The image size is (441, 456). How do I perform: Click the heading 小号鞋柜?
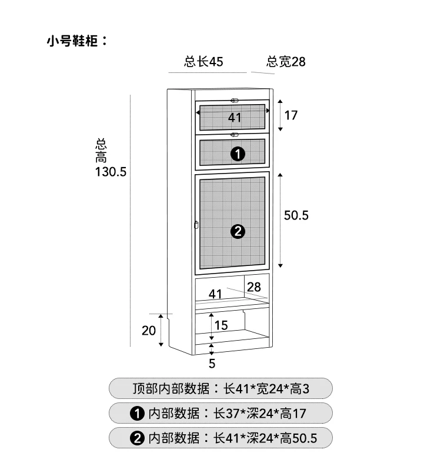click(77, 41)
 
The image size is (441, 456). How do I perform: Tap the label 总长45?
click(203, 62)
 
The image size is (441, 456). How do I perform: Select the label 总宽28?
click(286, 62)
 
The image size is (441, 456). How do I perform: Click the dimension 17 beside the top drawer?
click(291, 115)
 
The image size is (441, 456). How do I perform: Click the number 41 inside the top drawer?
click(235, 118)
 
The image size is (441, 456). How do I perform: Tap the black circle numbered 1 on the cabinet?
click(238, 154)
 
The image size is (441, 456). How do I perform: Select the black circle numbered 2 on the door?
click(238, 232)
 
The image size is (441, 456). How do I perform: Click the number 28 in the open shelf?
click(254, 287)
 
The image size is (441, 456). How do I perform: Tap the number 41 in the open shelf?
click(215, 294)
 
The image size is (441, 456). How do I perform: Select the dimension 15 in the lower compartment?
click(221, 325)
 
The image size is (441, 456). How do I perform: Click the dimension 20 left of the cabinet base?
click(149, 331)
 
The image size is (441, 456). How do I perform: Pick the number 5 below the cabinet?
click(212, 364)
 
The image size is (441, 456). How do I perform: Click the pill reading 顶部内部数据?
click(221, 389)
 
